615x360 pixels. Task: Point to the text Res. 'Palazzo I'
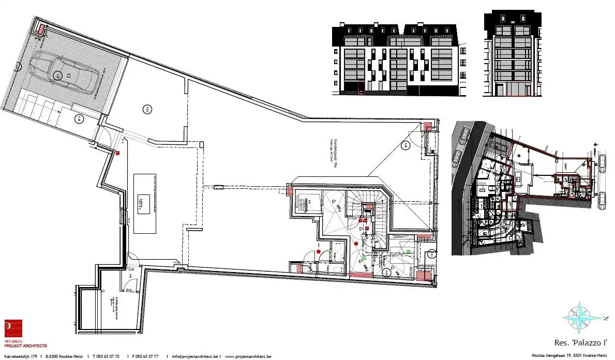click(580, 343)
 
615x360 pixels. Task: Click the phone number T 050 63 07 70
click(107, 356)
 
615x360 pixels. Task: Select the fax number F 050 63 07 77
click(145, 356)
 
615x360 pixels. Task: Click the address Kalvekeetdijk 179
click(20, 356)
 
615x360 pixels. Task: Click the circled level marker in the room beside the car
click(147, 109)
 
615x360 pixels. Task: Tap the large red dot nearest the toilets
click(319, 251)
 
